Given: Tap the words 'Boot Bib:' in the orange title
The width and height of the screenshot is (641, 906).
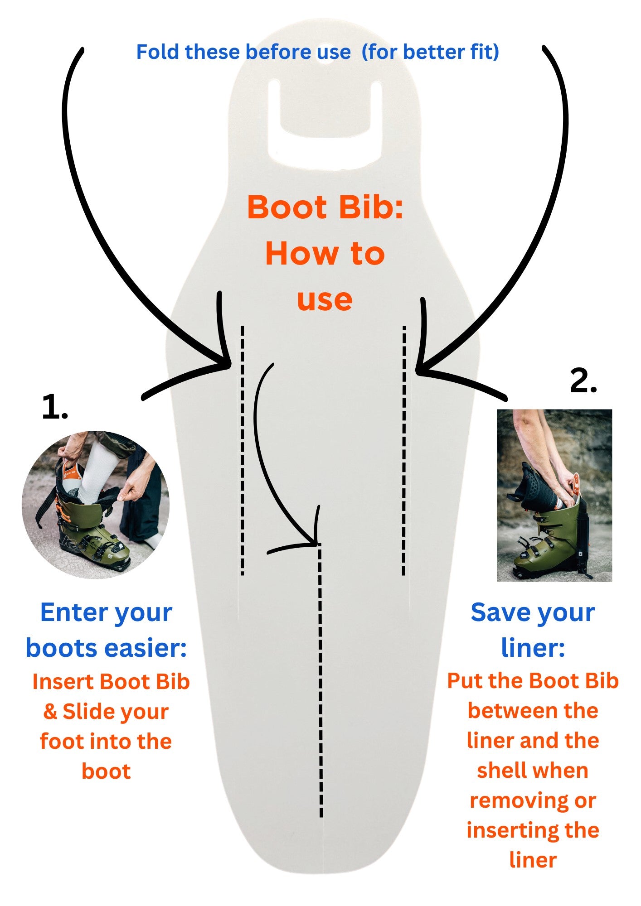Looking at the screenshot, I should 325,207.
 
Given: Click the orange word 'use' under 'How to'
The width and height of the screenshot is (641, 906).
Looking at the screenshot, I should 325,300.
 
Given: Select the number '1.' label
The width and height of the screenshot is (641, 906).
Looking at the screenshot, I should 54,407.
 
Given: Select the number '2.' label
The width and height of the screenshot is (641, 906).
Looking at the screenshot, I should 583,381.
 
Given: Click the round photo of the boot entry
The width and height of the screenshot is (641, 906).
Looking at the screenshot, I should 96,504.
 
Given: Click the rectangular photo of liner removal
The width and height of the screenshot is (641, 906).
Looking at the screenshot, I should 554,495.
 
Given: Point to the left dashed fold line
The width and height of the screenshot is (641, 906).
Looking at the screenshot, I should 243,453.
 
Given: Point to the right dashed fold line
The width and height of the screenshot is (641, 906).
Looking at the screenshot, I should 404,453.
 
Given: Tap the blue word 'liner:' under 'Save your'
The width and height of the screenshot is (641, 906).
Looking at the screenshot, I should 533,648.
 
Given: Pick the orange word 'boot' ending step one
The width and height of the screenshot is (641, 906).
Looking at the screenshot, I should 106,771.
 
